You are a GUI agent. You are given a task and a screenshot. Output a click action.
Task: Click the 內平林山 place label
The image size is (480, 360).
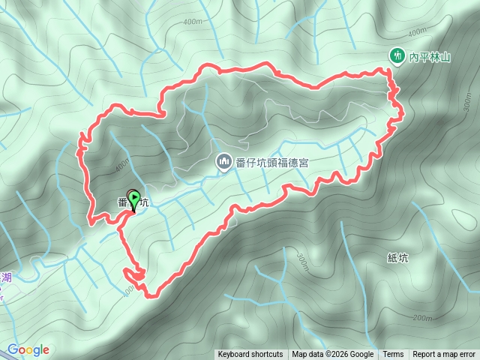[428, 55]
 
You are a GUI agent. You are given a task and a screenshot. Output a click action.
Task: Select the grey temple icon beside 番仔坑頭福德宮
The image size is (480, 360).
[223, 161]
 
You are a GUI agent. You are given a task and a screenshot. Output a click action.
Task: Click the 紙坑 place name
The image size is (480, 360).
[398, 258]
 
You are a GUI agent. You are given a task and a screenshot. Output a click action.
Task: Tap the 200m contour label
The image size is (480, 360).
[422, 318]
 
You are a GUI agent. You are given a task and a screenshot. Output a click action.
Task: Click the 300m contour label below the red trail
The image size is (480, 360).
[302, 262]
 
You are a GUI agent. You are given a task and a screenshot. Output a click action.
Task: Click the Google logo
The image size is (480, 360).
[28, 349]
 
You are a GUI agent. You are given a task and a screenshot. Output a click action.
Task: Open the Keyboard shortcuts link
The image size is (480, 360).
[250, 355]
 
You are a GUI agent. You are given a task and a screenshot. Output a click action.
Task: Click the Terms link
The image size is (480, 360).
[393, 355]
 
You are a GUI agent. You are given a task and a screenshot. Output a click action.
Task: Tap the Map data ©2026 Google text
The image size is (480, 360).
[333, 355]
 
